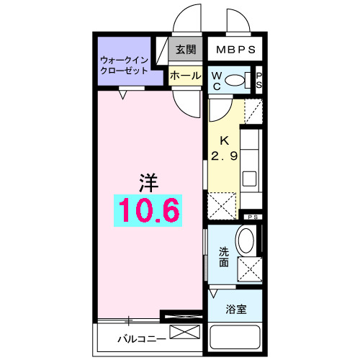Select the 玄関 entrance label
coord(185,50)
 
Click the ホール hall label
coord(185,75)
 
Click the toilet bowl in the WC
coord(235,80)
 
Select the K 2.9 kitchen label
coord(224,148)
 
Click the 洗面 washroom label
coord(223,258)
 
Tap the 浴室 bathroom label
coord(235,310)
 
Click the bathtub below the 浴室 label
coord(235,336)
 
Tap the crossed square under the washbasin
coord(248,270)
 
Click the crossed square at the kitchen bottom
coord(221,205)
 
